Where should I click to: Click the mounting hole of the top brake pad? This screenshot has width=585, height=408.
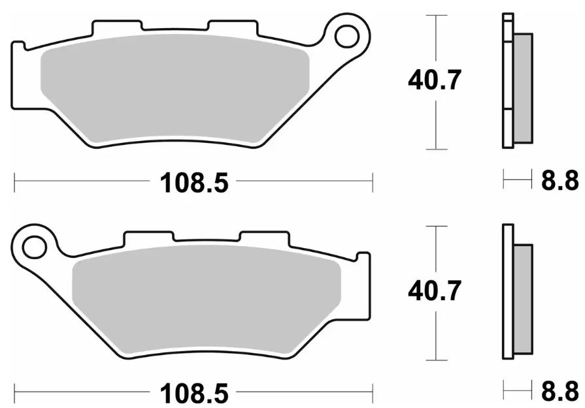[347, 36]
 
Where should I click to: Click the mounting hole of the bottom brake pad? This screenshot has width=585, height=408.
[35, 247]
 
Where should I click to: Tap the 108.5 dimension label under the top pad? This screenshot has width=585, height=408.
[193, 183]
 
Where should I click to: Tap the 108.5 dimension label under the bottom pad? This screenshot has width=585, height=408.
[193, 393]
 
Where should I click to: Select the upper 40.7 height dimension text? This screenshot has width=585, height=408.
[435, 80]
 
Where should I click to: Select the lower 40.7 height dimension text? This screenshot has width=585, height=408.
[435, 290]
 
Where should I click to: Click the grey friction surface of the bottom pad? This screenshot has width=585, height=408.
[207, 299]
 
